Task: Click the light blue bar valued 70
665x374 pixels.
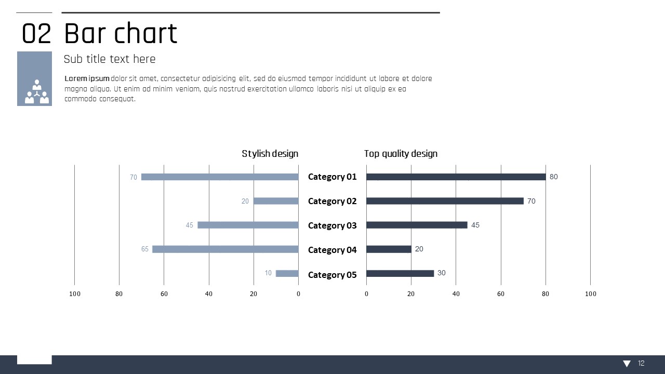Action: point(220,177)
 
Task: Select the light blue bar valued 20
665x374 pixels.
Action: point(276,201)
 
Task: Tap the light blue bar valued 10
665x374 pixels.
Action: point(287,273)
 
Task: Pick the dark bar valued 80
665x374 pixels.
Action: point(456,177)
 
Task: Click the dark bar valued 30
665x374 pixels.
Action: point(400,273)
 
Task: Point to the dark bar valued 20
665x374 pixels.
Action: point(389,249)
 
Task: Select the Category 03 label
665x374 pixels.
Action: point(332,225)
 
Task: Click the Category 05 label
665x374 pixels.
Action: point(332,275)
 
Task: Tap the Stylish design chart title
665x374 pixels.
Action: point(270,154)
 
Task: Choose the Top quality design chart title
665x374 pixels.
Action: point(401,154)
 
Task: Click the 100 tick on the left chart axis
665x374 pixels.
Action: point(75,294)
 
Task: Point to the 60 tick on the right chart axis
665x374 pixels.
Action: point(501,294)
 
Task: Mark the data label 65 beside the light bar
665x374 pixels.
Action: point(145,249)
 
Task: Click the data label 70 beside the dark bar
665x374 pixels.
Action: point(531,201)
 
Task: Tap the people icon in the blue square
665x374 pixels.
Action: point(36,92)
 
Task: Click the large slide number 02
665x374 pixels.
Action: point(36,34)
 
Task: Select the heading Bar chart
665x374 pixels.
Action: point(121,34)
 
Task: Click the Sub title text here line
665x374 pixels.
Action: point(110,59)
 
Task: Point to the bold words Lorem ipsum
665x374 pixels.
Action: point(87,79)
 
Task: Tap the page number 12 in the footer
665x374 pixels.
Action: point(641,364)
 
